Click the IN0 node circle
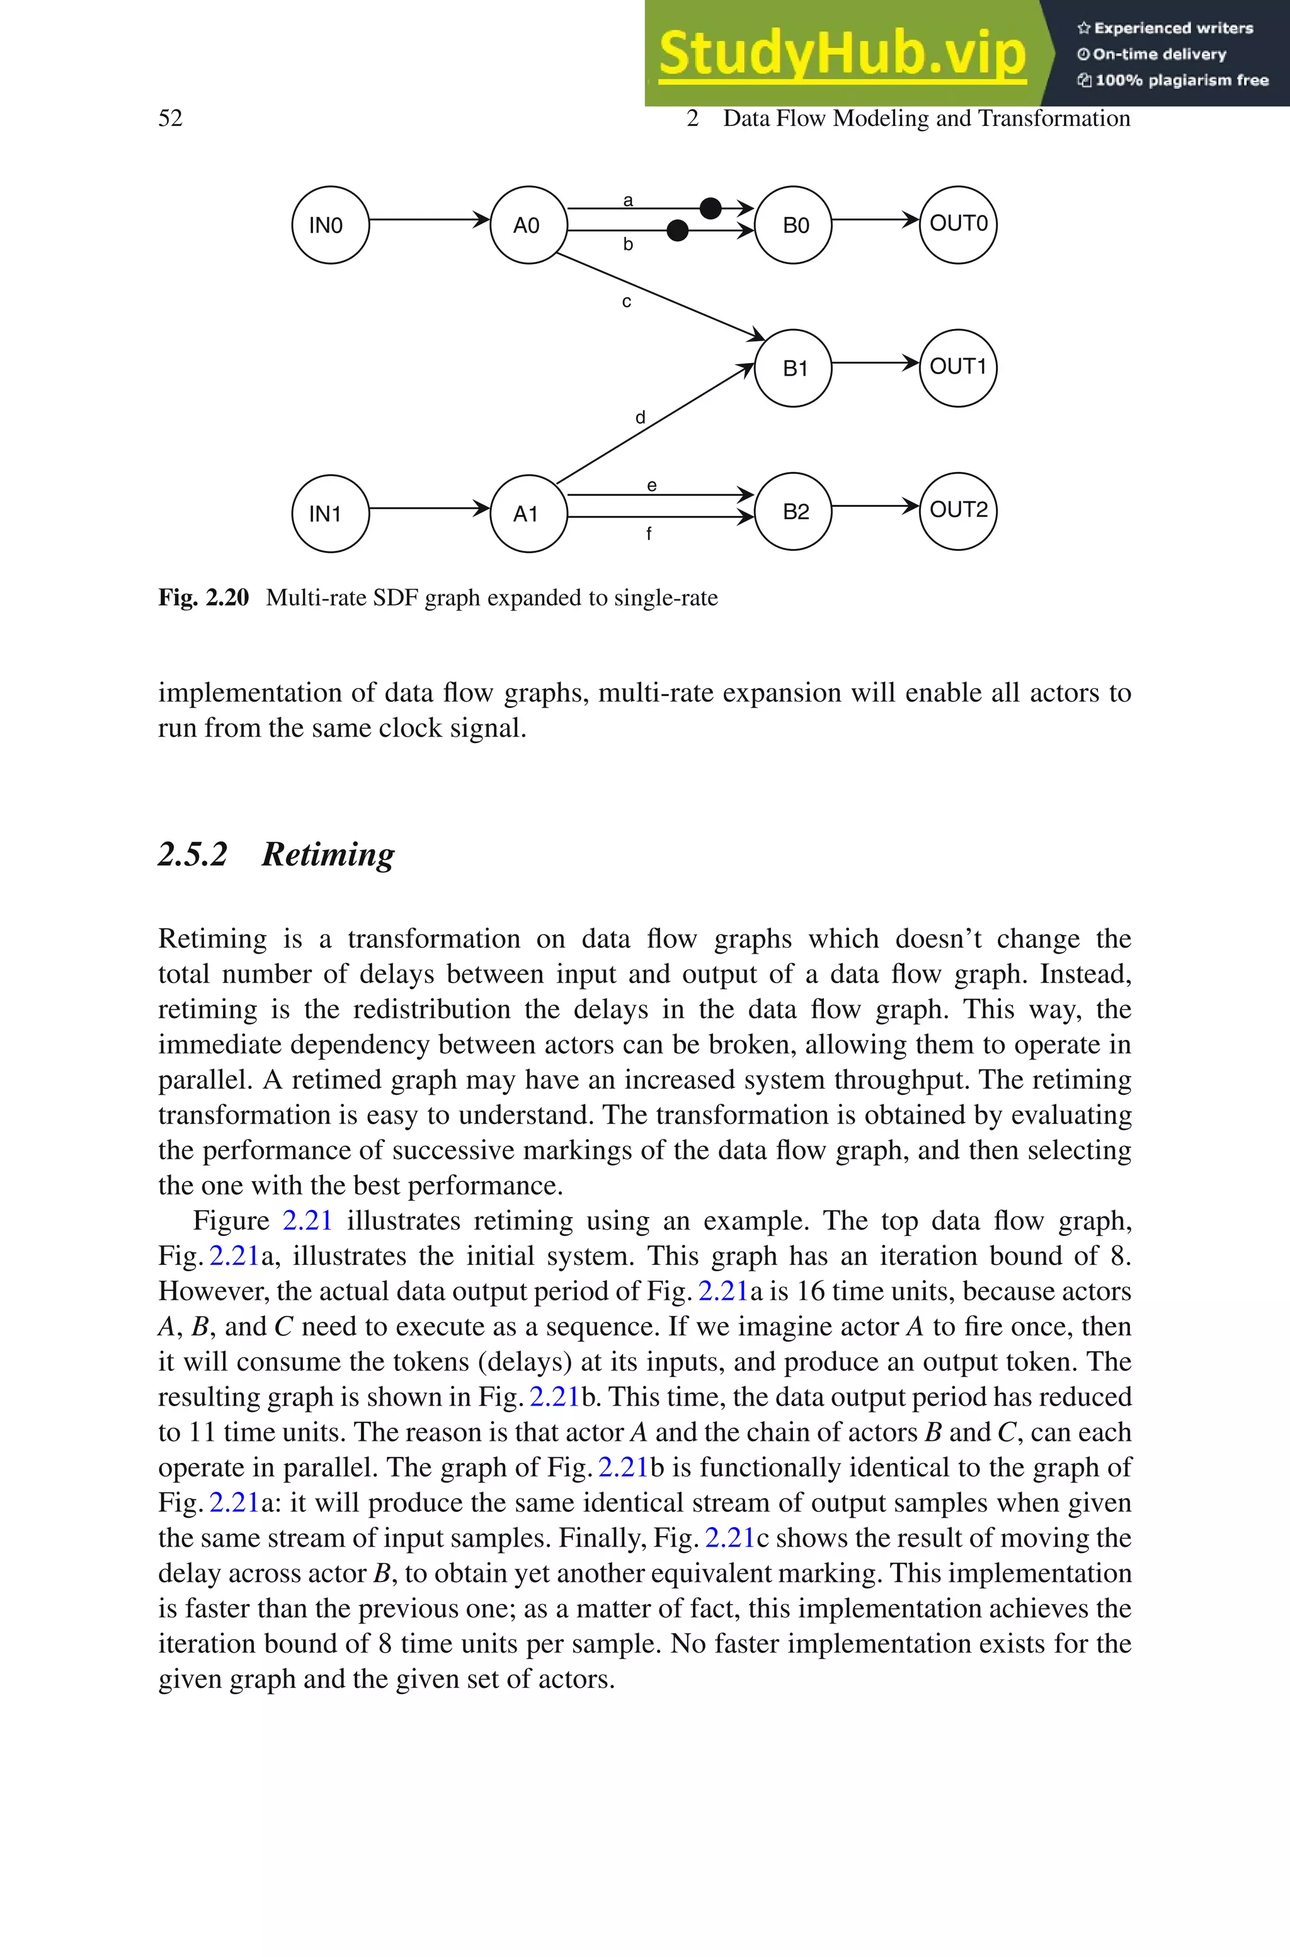tap(330, 224)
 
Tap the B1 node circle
tap(793, 368)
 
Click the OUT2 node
tap(957, 511)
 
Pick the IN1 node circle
tap(330, 514)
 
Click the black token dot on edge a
tap(710, 208)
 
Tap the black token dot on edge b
tap(677, 231)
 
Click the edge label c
tap(627, 302)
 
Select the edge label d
tap(640, 418)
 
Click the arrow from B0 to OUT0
tap(874, 220)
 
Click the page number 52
tap(170, 118)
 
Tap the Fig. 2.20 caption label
tap(203, 597)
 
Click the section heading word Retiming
tap(328, 854)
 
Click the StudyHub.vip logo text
tap(842, 54)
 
